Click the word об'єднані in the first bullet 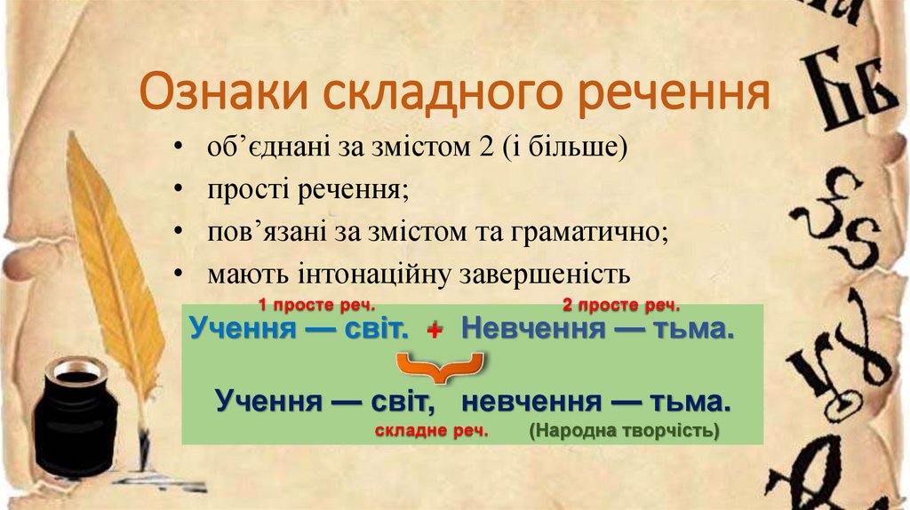click(258, 147)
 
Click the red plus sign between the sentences click(435, 331)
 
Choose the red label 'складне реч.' click(432, 431)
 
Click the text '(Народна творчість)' click(624, 431)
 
